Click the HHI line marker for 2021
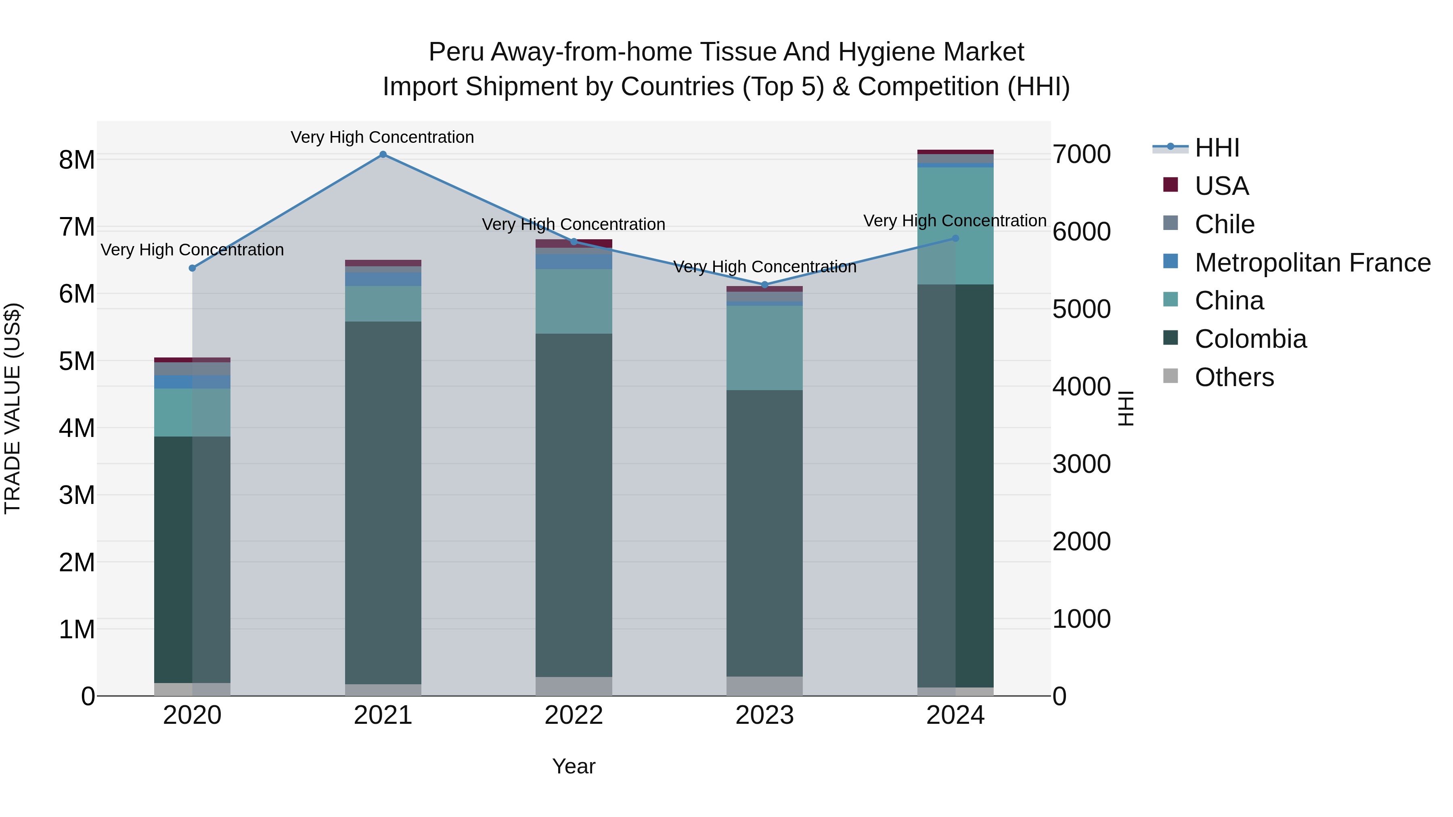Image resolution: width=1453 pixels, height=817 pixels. pos(383,155)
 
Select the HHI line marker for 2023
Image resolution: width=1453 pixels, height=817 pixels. pos(765,285)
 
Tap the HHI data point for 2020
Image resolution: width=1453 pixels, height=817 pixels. pos(193,268)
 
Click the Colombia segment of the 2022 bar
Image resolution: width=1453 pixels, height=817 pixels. pos(574,505)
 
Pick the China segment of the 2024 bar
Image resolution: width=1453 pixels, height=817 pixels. pos(955,226)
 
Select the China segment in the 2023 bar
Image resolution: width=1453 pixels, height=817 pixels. pos(764,348)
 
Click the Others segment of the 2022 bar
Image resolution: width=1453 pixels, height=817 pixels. pos(574,686)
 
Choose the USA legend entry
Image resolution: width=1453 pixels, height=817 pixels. pos(1221,186)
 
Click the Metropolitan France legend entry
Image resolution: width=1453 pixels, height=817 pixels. pos(1312,263)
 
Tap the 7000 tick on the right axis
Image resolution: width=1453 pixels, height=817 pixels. pos(1081,155)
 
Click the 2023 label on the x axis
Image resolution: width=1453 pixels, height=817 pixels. pos(764,715)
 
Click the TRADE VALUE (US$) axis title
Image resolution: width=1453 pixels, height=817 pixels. pos(13,408)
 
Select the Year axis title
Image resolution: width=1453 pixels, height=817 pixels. pos(574,766)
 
